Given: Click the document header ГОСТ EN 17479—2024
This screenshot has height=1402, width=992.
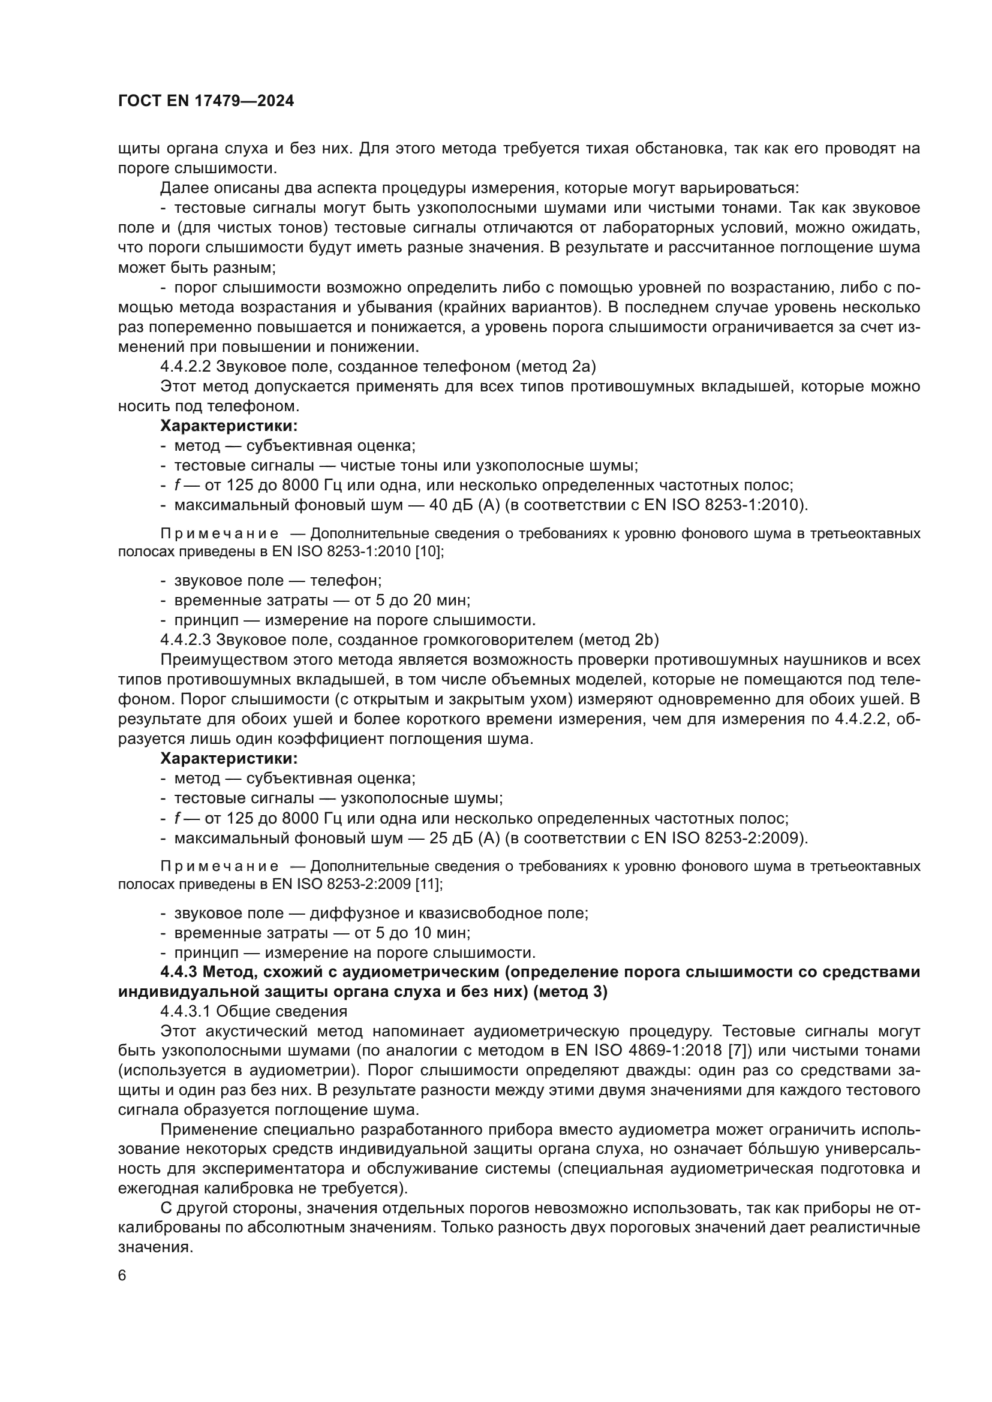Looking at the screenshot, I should pos(206,101).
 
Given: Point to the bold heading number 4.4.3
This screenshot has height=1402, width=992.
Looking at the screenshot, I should pos(178,972).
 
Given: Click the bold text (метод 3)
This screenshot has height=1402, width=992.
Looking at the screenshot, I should pos(570,991).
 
